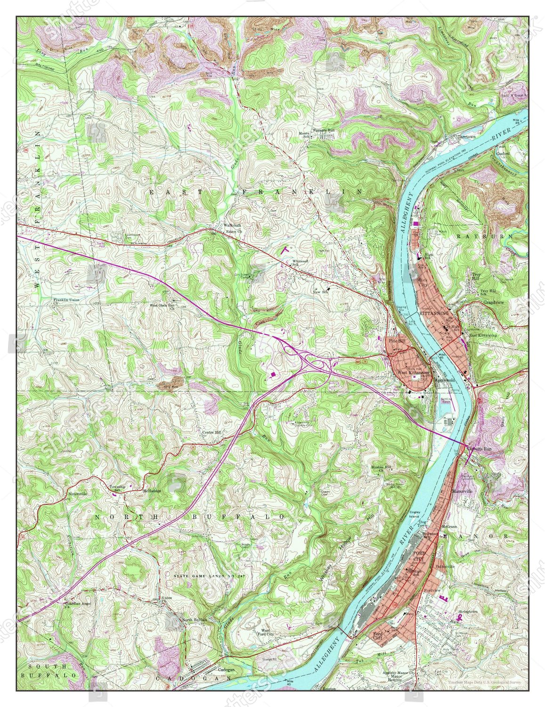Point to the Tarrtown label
click(468, 136)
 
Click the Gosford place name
click(504, 153)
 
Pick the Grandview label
click(493, 302)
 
